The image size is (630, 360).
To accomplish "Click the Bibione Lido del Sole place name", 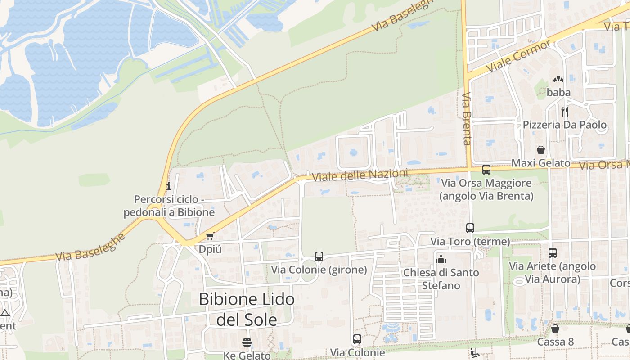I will pyautogui.click(x=247, y=309).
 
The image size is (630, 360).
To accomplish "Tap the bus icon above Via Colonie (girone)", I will pyautogui.click(x=319, y=256).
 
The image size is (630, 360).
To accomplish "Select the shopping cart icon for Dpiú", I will pyautogui.click(x=210, y=236).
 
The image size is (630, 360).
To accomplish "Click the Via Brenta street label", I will pyautogui.click(x=466, y=119).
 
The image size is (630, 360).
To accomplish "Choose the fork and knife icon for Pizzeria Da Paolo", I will pyautogui.click(x=564, y=111).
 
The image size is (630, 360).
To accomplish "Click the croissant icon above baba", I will pyautogui.click(x=558, y=79).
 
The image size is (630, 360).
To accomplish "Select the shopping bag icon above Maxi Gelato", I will pyautogui.click(x=541, y=150).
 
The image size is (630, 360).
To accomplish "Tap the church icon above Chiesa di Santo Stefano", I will pyautogui.click(x=441, y=259).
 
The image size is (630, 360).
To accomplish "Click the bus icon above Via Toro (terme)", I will pyautogui.click(x=470, y=228).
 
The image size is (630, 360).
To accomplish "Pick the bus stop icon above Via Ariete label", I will pyautogui.click(x=553, y=253).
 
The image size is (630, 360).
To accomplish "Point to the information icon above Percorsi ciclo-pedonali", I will pyautogui.click(x=169, y=185).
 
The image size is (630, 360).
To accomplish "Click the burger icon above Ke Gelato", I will pyautogui.click(x=247, y=342).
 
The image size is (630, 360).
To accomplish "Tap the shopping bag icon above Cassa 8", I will pyautogui.click(x=555, y=328).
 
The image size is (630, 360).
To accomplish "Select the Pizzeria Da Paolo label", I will pyautogui.click(x=564, y=125).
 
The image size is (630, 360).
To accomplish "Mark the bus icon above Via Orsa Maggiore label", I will pyautogui.click(x=486, y=170).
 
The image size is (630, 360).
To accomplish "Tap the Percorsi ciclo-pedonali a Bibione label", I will pyautogui.click(x=169, y=206).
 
